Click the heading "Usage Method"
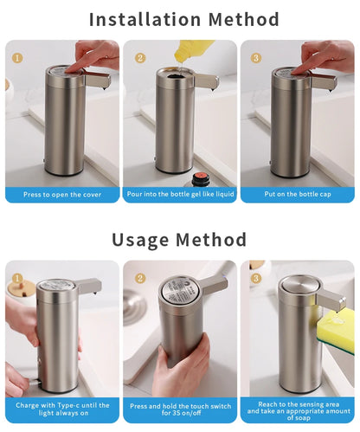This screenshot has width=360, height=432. click(x=179, y=240)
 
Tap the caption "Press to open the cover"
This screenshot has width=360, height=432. click(x=62, y=195)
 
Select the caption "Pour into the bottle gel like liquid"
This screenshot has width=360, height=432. click(x=180, y=195)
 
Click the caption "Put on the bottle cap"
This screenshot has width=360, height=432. click(x=297, y=195)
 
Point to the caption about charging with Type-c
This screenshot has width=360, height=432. click(x=62, y=409)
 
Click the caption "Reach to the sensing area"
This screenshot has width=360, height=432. click(x=297, y=409)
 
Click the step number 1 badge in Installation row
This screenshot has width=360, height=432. click(x=18, y=59)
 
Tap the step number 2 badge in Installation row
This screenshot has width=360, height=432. click(x=140, y=59)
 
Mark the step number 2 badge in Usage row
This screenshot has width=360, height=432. click(x=140, y=279)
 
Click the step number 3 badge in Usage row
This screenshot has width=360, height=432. click(x=257, y=279)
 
